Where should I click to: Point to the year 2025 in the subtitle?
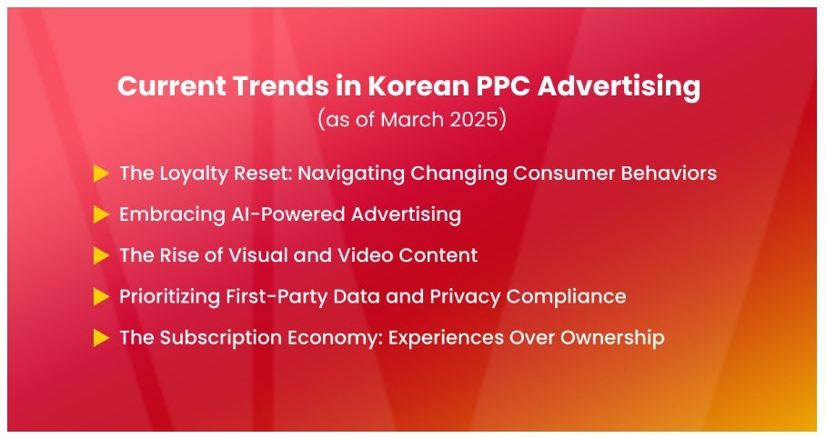click(474, 120)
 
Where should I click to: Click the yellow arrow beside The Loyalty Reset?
click(101, 174)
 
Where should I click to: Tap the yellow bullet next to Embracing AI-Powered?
click(101, 214)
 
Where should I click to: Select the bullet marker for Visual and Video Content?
click(101, 255)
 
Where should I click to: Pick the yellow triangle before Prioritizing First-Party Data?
click(101, 296)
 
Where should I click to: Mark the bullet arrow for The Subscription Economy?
click(101, 337)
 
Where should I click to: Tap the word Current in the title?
click(171, 85)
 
